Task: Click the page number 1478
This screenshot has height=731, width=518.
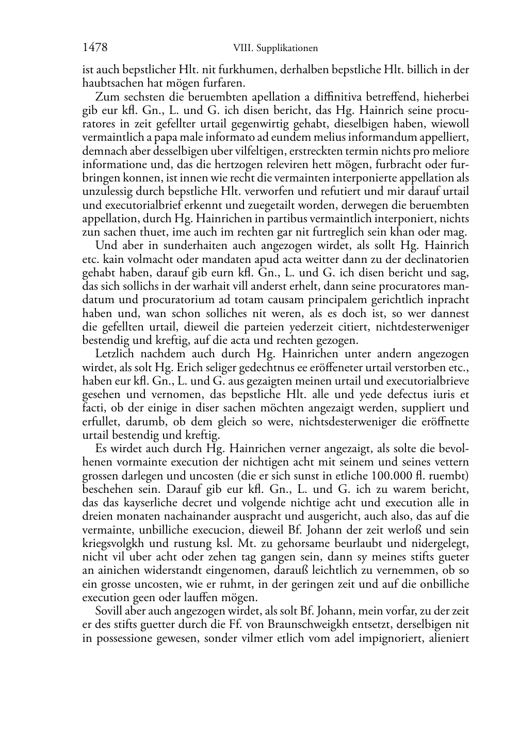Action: [95, 48]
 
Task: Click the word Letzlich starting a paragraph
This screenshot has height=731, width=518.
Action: [115, 354]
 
